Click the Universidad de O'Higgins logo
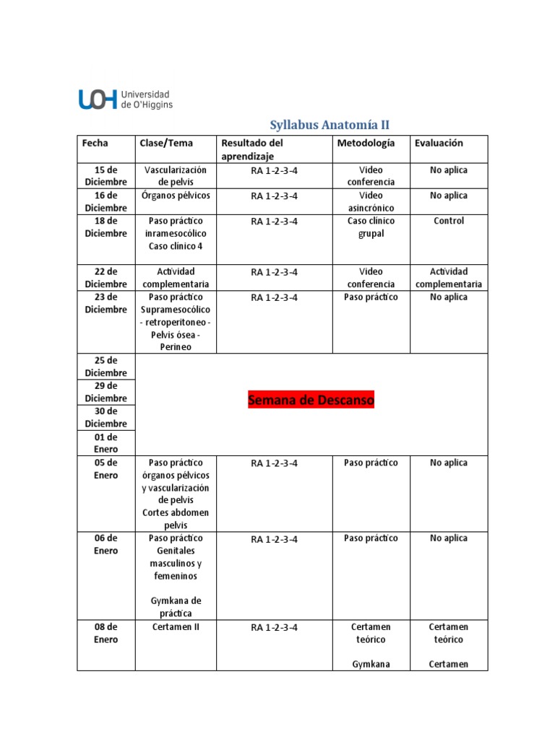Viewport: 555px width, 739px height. click(125, 99)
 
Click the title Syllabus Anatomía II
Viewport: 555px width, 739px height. click(329, 125)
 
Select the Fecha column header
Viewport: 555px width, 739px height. click(95, 143)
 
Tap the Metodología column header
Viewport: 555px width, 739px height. click(366, 143)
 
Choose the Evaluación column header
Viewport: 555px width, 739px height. click(439, 143)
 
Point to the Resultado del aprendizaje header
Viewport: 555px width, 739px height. click(252, 149)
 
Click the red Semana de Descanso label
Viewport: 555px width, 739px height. click(311, 400)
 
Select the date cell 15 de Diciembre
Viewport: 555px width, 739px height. click(106, 176)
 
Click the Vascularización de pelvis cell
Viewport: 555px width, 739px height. click(176, 176)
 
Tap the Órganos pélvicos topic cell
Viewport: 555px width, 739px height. click(176, 196)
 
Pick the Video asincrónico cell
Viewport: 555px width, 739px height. click(371, 201)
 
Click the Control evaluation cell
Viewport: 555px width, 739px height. click(449, 221)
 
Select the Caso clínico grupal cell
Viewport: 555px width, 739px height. click(371, 227)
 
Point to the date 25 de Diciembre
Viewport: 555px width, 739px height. click(106, 367)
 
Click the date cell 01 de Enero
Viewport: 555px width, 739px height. click(106, 443)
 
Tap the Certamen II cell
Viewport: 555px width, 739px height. click(176, 627)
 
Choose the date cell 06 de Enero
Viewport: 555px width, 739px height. click(106, 544)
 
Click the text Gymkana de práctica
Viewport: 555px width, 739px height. click(176, 607)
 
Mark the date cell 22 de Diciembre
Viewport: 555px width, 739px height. click(106, 278)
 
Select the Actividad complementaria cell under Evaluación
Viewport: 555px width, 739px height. click(449, 278)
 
